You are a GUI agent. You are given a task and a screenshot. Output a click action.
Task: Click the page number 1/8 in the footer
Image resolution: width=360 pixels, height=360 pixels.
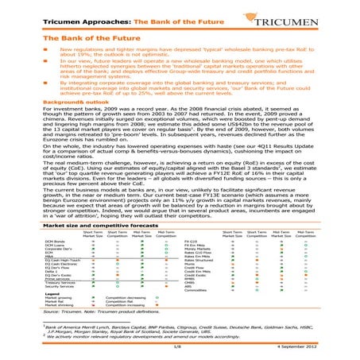pyautogui.click(x=177, y=347)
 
